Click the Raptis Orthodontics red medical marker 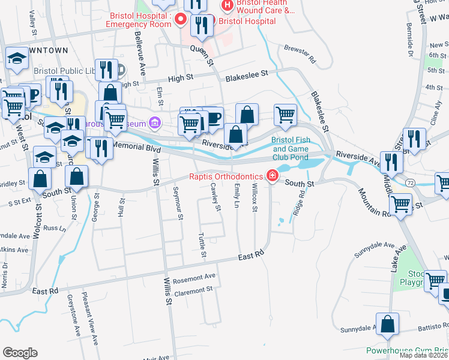[x=273, y=176]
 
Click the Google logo [x=20, y=353]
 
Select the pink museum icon [x=155, y=123]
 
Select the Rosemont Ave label [x=193, y=278]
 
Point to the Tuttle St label [x=202, y=247]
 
